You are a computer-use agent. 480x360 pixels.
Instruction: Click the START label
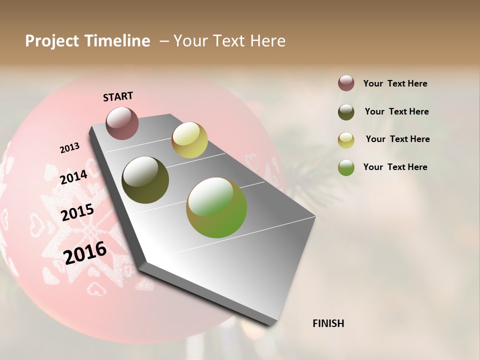pyautogui.click(x=118, y=96)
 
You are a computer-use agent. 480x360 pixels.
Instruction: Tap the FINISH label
pyautogui.click(x=328, y=323)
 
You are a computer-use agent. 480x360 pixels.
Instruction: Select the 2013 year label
pyautogui.click(x=69, y=148)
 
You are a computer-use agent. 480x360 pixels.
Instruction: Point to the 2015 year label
pyautogui.click(x=77, y=212)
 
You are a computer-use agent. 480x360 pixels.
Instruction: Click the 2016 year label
pyautogui.click(x=85, y=253)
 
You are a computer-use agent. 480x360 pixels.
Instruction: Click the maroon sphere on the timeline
pyautogui.click(x=122, y=123)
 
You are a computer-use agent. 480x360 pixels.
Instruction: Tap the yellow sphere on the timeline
pyautogui.click(x=189, y=140)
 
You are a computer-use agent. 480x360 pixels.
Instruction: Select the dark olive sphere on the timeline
pyautogui.click(x=145, y=180)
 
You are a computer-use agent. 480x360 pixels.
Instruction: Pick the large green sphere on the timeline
pyautogui.click(x=216, y=207)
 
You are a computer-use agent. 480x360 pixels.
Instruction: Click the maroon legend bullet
pyautogui.click(x=346, y=83)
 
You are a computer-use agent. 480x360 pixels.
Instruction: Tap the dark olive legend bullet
pyautogui.click(x=346, y=112)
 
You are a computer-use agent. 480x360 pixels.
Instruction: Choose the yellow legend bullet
pyautogui.click(x=346, y=140)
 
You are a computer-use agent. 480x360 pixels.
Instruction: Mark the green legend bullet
pyautogui.click(x=346, y=167)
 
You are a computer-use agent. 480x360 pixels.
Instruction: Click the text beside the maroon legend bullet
pyautogui.click(x=395, y=84)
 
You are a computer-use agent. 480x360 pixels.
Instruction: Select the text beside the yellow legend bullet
pyautogui.click(x=397, y=139)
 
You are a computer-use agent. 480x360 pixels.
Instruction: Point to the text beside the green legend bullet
pyautogui.click(x=395, y=167)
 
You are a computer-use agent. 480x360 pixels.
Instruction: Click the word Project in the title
pyautogui.click(x=52, y=41)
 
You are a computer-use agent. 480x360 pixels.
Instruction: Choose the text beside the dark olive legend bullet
pyautogui.click(x=396, y=111)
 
